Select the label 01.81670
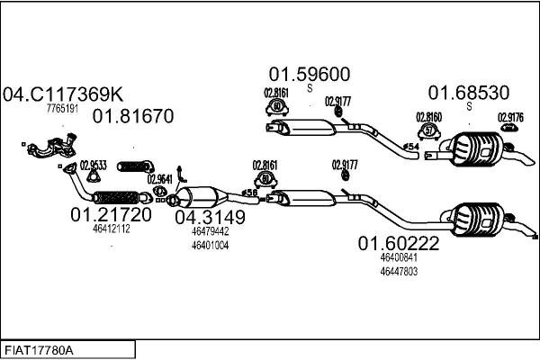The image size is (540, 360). pyautogui.click(x=132, y=116)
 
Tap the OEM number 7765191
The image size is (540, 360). pyautogui.click(x=63, y=109)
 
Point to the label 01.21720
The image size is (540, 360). pyautogui.click(x=111, y=216)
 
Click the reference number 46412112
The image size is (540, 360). pyautogui.click(x=112, y=229)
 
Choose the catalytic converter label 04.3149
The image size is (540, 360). pyautogui.click(x=210, y=217)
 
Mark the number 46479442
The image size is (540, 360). pyautogui.click(x=210, y=231)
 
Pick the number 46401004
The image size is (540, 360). pyautogui.click(x=210, y=245)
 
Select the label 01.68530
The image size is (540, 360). pyautogui.click(x=468, y=92)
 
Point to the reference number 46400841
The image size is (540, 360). pyautogui.click(x=399, y=257)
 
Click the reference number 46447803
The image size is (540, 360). pyautogui.click(x=399, y=271)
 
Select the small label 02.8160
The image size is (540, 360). pyautogui.click(x=428, y=117)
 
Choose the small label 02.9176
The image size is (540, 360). pyautogui.click(x=510, y=117)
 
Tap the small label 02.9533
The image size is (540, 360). pyautogui.click(x=94, y=165)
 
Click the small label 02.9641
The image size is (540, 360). pyautogui.click(x=159, y=178)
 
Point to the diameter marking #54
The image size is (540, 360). pyautogui.click(x=410, y=147)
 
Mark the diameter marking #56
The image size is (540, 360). pyautogui.click(x=250, y=193)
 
